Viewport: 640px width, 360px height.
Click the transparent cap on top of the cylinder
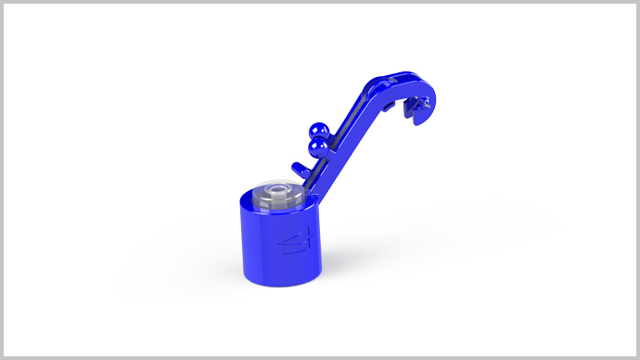click(278, 192)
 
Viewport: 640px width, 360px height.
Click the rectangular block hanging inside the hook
click(406, 109)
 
